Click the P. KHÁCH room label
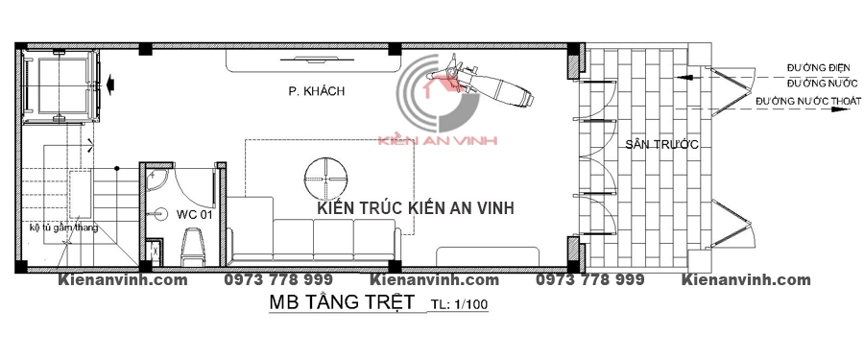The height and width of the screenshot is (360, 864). pos(316,91)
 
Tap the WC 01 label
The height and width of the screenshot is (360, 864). pos(195,214)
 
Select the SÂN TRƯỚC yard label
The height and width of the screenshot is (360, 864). pos(661,145)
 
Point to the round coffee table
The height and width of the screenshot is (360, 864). pos(326,179)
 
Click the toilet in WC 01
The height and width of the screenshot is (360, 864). pos(192,246)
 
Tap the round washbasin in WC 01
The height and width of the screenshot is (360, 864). pos(161,213)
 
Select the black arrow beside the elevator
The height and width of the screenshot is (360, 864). pos(110,84)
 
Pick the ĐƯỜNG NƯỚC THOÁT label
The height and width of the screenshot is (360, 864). pos(808,102)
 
